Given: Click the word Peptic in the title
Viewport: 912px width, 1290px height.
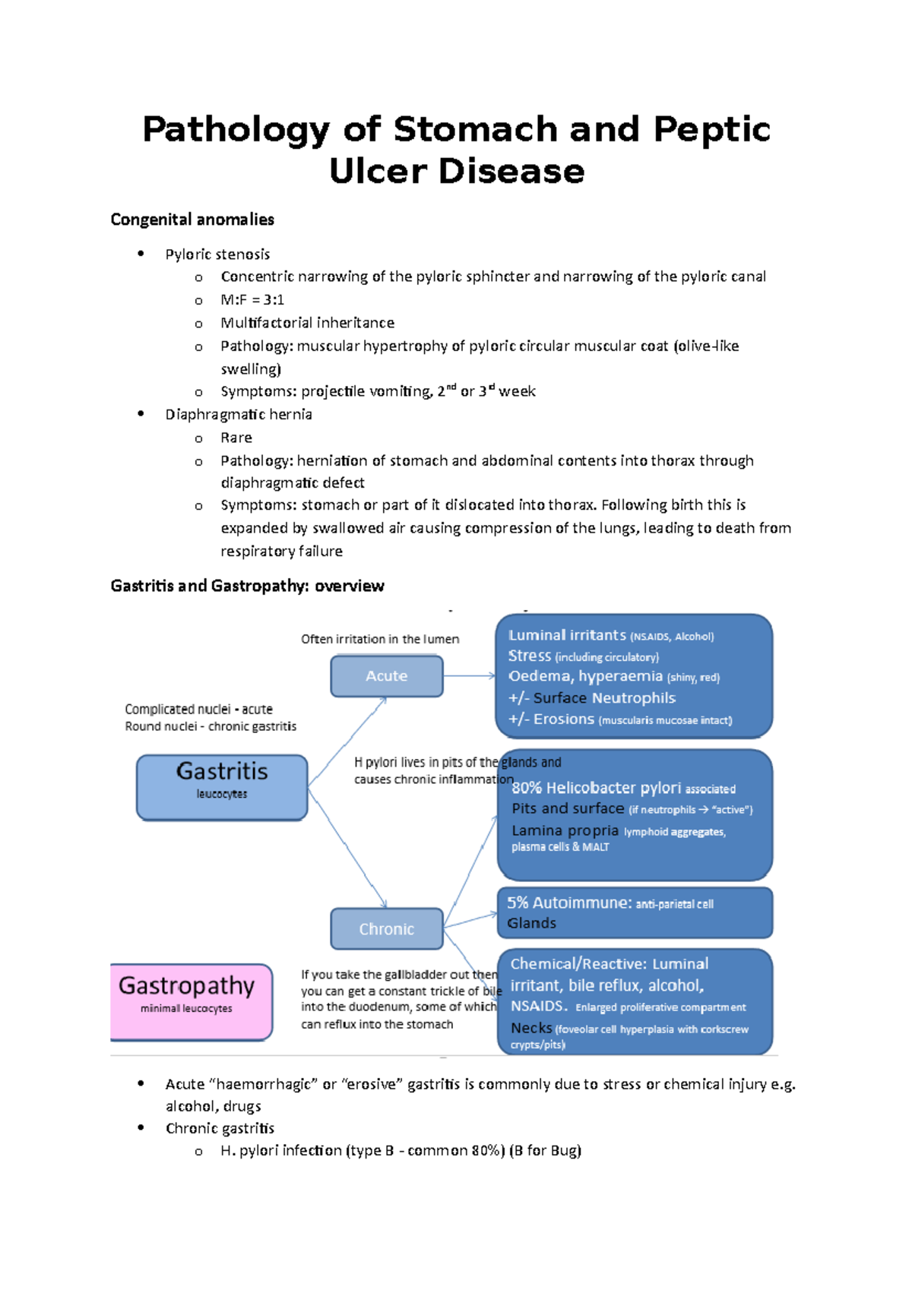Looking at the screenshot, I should click(711, 129).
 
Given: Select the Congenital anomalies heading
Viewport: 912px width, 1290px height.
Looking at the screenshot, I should click(192, 220).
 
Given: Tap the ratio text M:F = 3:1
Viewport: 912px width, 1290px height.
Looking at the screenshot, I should click(252, 300).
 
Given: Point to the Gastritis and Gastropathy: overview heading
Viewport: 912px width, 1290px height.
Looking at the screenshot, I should click(247, 586).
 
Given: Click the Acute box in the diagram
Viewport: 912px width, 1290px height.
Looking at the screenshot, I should click(386, 676).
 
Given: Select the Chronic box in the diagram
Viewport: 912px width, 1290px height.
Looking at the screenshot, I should click(386, 929).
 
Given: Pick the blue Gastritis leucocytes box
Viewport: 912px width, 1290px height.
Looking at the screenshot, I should click(222, 787).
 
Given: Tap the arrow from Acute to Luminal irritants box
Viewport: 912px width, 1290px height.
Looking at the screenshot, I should click(469, 675).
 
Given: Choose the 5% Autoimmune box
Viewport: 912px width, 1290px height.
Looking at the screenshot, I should click(635, 912).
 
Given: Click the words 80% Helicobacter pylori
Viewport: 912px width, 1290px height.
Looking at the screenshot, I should click(596, 788).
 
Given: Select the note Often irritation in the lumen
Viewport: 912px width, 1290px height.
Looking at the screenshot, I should click(379, 639).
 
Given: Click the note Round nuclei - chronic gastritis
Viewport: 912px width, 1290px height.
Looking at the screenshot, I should click(211, 726).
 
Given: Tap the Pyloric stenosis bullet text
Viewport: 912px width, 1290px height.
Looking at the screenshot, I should click(217, 255).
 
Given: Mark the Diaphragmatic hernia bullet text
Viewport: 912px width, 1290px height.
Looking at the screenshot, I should click(239, 415).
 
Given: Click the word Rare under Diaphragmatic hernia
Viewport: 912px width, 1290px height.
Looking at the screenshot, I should click(236, 438).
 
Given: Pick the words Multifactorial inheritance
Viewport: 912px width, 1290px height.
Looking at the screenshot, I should click(307, 323).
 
